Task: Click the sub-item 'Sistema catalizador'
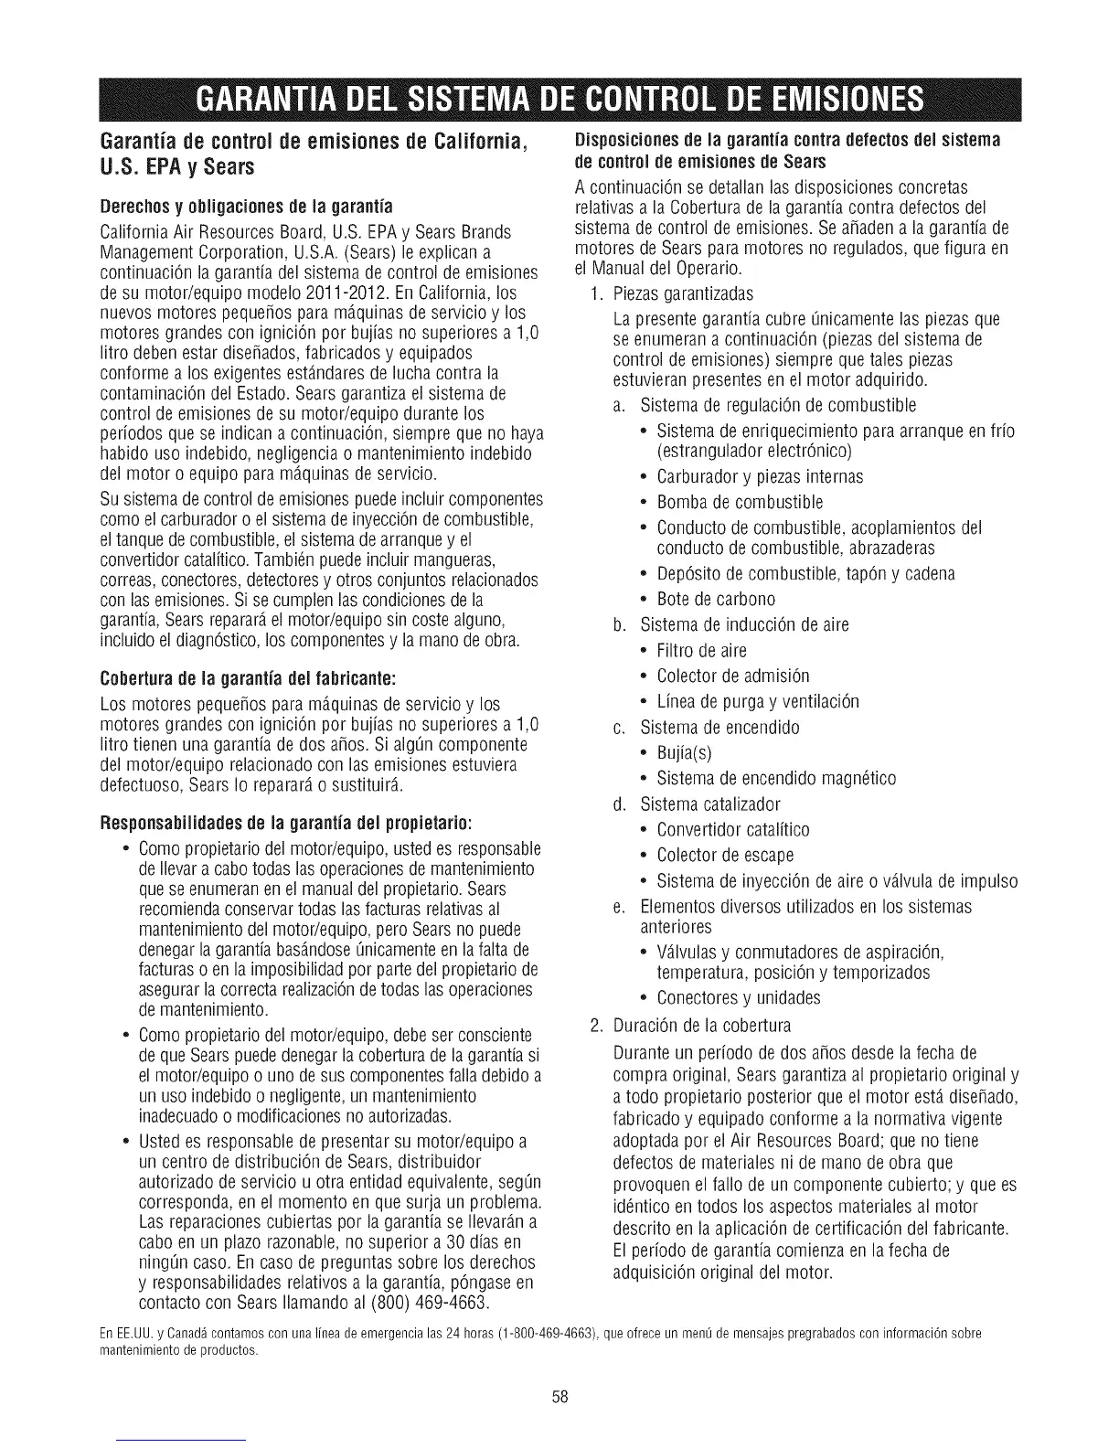click(x=710, y=804)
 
